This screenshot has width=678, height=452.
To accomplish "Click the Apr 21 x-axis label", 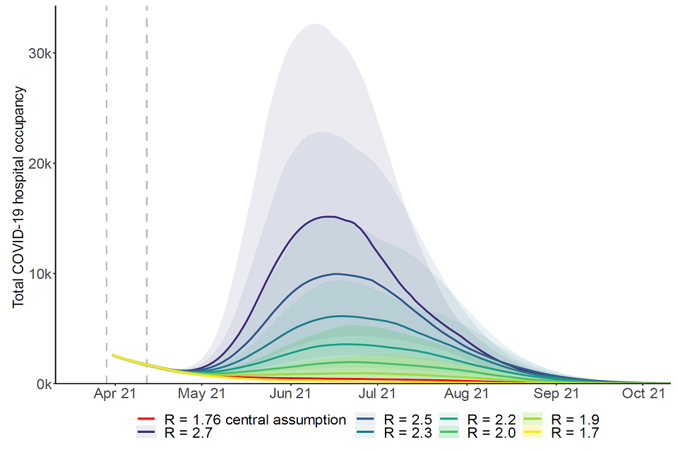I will pos(114,394).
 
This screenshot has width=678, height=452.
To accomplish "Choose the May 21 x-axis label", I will pos(203,394).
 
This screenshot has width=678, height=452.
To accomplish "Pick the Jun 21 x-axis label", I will pos(290,394).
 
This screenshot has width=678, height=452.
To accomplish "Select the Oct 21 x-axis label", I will pos(643,394).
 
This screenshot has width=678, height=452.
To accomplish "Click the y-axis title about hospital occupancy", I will pos(19,196).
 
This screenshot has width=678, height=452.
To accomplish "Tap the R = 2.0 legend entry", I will pos(487,432).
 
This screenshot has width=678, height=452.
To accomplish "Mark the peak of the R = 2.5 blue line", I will pos(336,273).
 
